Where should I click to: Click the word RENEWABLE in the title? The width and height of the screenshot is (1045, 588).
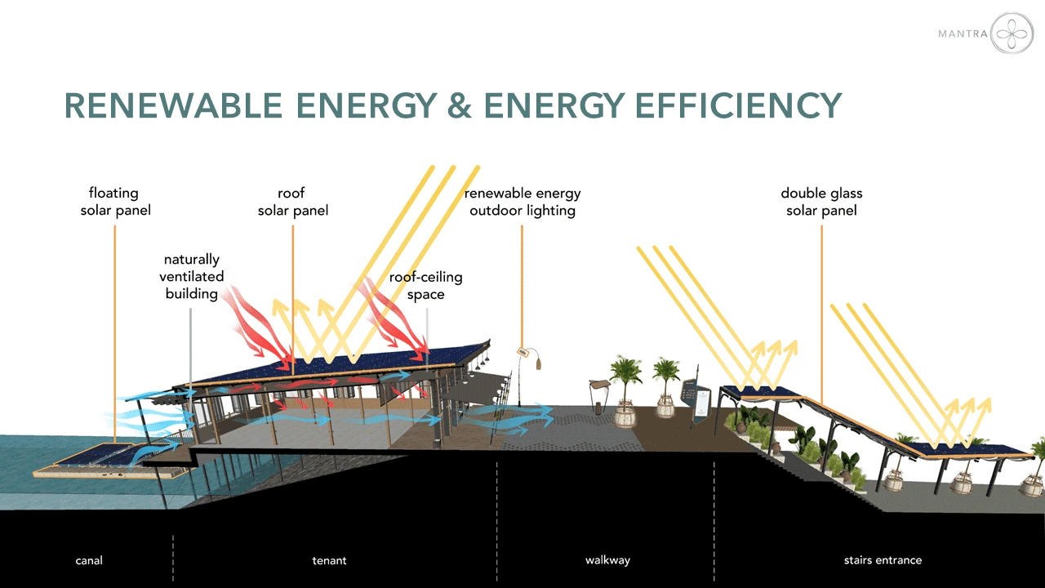click(x=173, y=105)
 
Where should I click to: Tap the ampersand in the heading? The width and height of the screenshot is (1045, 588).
click(x=460, y=105)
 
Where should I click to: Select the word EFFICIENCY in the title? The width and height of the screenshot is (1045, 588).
click(x=738, y=105)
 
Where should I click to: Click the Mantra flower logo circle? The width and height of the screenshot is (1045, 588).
click(x=1012, y=33)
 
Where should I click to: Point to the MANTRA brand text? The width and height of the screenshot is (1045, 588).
click(x=963, y=33)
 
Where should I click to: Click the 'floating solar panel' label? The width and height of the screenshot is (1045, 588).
click(x=115, y=202)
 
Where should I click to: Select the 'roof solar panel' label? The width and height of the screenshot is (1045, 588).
click(x=293, y=202)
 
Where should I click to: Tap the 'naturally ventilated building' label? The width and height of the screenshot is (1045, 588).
click(x=191, y=276)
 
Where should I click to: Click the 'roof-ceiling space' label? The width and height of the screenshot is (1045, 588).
click(x=425, y=286)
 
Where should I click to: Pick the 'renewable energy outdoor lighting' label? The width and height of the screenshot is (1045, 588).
click(x=522, y=202)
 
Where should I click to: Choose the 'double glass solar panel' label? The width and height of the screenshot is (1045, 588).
click(x=821, y=202)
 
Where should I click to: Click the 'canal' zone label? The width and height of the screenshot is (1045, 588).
click(x=89, y=560)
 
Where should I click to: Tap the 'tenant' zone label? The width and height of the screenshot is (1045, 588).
click(x=329, y=560)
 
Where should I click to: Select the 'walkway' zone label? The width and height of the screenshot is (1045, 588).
click(x=607, y=560)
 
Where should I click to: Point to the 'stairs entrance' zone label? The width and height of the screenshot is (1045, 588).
click(x=883, y=560)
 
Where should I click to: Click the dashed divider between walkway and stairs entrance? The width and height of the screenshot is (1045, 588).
click(x=714, y=520)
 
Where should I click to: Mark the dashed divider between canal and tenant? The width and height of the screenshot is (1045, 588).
click(x=173, y=558)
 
